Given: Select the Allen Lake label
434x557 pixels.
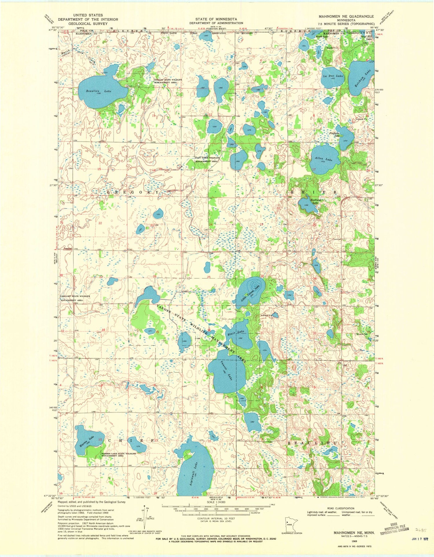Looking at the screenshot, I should pyautogui.click(x=325, y=159).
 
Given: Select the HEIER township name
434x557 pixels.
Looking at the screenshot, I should pyautogui.click(x=311, y=192).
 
